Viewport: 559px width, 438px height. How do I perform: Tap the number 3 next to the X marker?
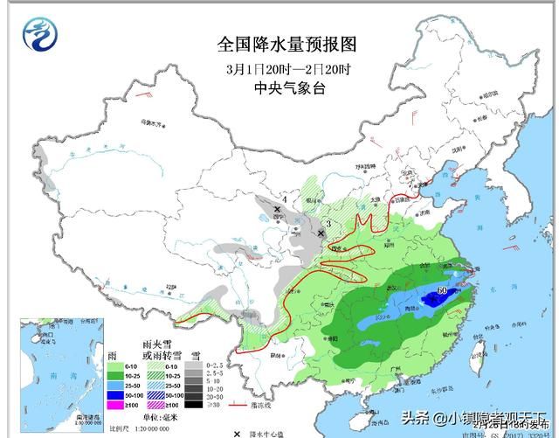pyautogui.click(x=327, y=225)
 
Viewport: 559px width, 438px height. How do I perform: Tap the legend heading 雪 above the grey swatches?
pyautogui.click(x=197, y=353)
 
